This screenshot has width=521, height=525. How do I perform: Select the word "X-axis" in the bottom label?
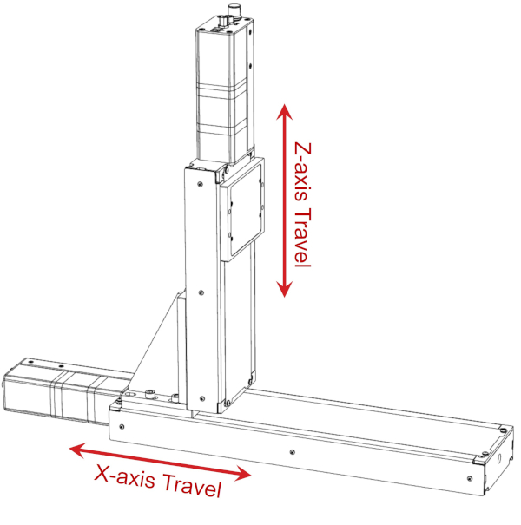[122, 476]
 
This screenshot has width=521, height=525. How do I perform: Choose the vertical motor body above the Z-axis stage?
[223, 87]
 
